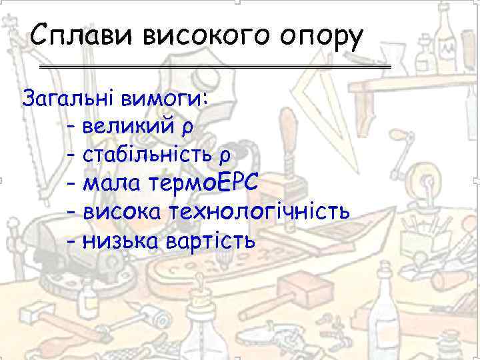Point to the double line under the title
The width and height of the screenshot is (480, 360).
click(x=215, y=67)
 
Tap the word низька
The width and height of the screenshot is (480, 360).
click(x=120, y=239)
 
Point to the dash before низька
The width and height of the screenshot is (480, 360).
click(x=72, y=240)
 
